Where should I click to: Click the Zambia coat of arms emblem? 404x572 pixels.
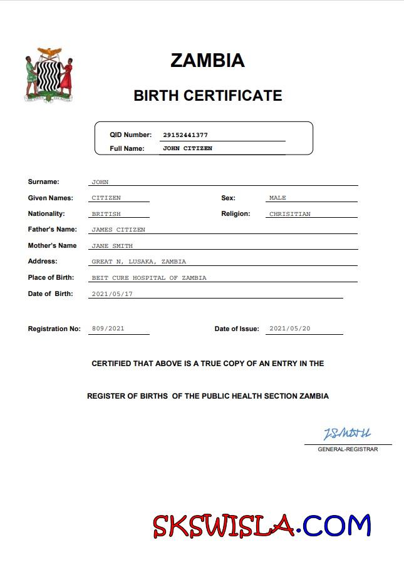[49, 74]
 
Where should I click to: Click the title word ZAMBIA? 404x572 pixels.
[207, 61]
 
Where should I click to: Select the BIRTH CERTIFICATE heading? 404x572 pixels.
[208, 96]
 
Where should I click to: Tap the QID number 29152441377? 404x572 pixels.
[185, 135]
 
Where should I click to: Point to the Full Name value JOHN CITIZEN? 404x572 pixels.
[187, 148]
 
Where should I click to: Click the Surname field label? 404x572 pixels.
[43, 182]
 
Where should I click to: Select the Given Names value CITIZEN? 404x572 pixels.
[106, 198]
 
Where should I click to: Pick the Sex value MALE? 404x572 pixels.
[277, 198]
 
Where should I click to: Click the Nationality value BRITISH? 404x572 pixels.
[106, 214]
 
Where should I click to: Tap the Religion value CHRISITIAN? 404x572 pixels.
[289, 214]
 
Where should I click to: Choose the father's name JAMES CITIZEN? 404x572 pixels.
[118, 230]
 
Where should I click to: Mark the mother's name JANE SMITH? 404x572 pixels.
[112, 246]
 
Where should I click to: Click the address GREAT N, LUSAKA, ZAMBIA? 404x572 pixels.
[138, 262]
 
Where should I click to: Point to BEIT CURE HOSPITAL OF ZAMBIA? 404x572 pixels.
[148, 278]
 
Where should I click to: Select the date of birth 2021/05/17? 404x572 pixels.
[112, 294]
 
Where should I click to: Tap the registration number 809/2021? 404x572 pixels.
[108, 329]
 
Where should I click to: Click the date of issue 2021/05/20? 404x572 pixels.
[289, 329]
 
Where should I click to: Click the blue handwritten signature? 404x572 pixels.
[347, 434]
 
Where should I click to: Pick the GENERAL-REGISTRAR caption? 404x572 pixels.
[348, 449]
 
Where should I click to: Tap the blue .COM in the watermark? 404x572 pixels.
[334, 526]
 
